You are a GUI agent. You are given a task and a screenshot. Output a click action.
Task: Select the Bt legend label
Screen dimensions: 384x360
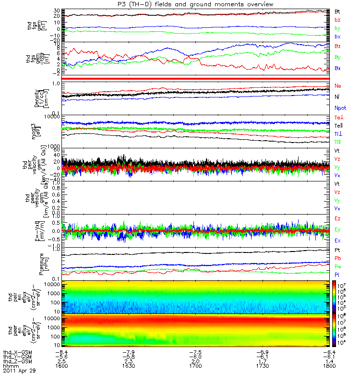click(338, 11)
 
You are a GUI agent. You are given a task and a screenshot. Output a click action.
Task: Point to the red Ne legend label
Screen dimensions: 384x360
click(338, 86)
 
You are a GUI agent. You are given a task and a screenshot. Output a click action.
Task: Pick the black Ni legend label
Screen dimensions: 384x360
click(337, 97)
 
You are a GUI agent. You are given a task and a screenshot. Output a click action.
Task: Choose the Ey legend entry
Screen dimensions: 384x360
click(338, 229)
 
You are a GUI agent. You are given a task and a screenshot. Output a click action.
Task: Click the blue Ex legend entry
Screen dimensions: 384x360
click(338, 240)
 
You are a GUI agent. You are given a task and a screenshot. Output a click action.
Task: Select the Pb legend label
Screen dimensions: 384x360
click(338, 258)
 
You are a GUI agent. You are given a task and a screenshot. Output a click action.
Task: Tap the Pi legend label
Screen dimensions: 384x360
click(337, 274)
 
